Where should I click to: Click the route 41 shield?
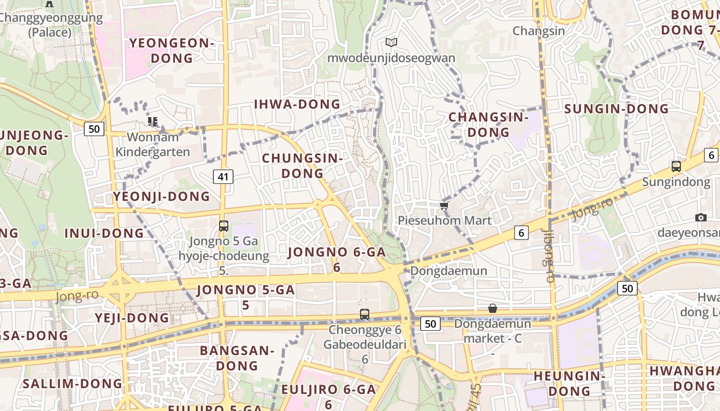[223, 177]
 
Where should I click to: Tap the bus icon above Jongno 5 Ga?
[223, 226]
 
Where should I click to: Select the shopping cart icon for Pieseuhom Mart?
[444, 206]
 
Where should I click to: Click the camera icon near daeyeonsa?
[700, 217]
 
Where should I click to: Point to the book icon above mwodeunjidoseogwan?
[391, 42]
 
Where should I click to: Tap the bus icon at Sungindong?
[676, 166]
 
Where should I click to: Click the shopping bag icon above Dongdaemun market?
[492, 308]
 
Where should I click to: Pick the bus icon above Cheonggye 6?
[364, 314]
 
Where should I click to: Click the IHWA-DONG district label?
[297, 104]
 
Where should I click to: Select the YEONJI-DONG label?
[161, 196]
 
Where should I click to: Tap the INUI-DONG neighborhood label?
[104, 233]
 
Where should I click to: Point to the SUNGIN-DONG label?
[617, 109]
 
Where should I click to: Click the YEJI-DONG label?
[132, 317]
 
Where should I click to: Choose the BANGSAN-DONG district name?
[237, 358]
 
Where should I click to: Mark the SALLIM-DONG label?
[73, 384]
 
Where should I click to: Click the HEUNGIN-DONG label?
[569, 383]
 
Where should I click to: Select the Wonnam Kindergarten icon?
[152, 122]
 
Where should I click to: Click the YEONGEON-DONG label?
[171, 50]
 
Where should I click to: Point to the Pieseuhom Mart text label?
[445, 220]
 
